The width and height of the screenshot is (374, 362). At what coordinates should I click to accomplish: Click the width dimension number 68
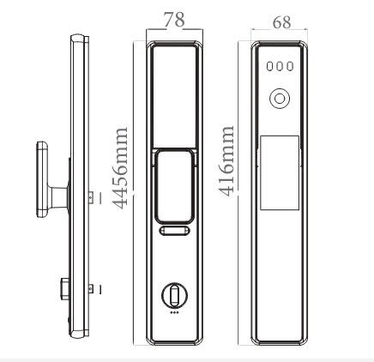pos(280,22)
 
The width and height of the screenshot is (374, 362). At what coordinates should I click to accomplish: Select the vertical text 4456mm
pos(122,168)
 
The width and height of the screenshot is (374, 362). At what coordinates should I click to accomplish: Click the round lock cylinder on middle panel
pos(174,297)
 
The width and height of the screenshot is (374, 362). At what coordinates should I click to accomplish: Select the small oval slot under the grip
pos(174,232)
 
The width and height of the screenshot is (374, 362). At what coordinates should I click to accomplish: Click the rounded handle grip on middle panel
pos(174,184)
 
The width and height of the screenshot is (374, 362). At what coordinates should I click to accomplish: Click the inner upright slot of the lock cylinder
pos(174,298)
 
